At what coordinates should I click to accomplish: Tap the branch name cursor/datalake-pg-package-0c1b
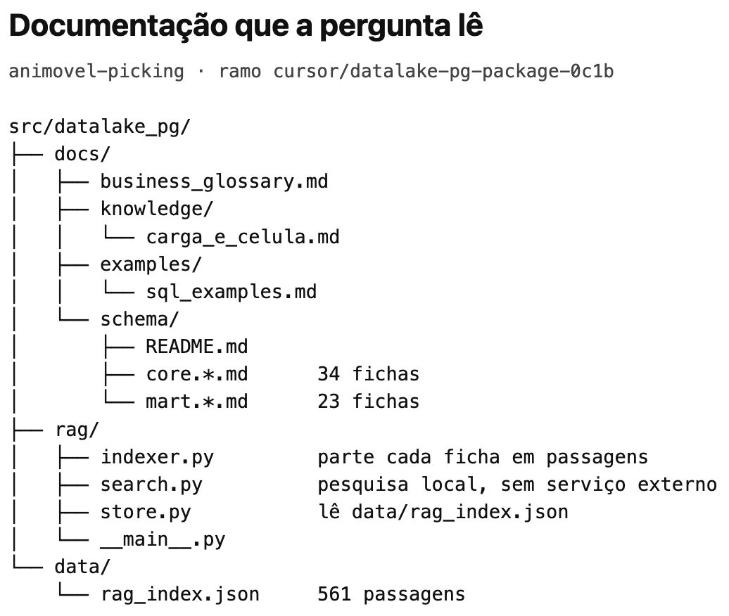(x=443, y=71)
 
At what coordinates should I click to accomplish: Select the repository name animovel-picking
(x=96, y=72)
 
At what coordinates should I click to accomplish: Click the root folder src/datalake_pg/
(x=100, y=127)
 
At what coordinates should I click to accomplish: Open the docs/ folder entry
(x=82, y=154)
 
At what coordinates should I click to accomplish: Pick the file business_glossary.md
(x=215, y=181)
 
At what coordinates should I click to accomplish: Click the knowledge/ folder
(x=157, y=209)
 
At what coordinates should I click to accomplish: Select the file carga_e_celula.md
(x=243, y=237)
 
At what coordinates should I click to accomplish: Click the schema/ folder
(x=139, y=319)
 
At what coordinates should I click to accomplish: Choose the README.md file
(x=197, y=347)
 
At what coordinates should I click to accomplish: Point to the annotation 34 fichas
(x=369, y=374)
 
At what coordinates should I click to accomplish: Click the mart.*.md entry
(x=197, y=402)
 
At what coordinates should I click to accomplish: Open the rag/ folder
(x=77, y=430)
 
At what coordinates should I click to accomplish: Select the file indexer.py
(x=157, y=457)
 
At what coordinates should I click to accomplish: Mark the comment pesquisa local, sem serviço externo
(x=517, y=485)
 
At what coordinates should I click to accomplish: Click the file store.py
(x=146, y=512)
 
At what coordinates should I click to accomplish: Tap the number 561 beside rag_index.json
(x=334, y=595)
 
